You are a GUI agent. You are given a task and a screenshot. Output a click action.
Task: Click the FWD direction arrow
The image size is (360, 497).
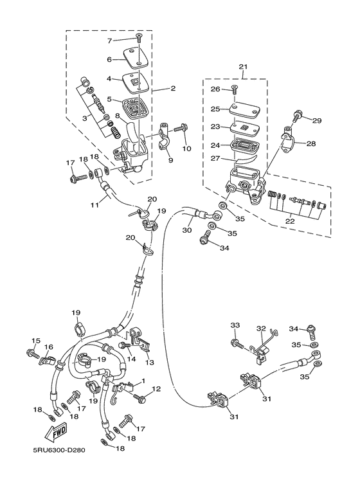click(57, 432)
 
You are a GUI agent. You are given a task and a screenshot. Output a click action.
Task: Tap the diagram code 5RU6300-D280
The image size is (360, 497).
click(59, 450)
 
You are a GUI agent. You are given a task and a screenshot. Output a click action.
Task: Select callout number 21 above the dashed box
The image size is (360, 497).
click(243, 67)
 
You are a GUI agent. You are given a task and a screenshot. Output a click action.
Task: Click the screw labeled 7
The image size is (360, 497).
click(138, 39)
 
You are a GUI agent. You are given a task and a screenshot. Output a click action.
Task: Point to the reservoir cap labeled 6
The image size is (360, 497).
click(134, 58)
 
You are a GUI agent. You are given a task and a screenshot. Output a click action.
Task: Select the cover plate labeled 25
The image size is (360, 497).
click(243, 109)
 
